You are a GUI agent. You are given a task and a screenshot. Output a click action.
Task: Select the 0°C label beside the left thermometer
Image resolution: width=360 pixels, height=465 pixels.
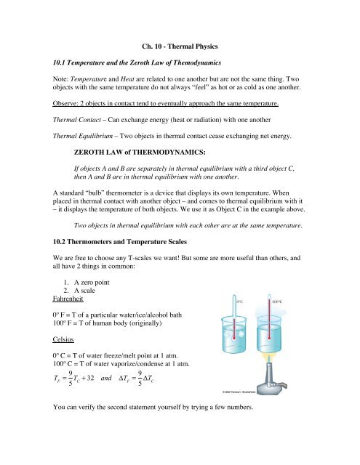click(243, 320)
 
